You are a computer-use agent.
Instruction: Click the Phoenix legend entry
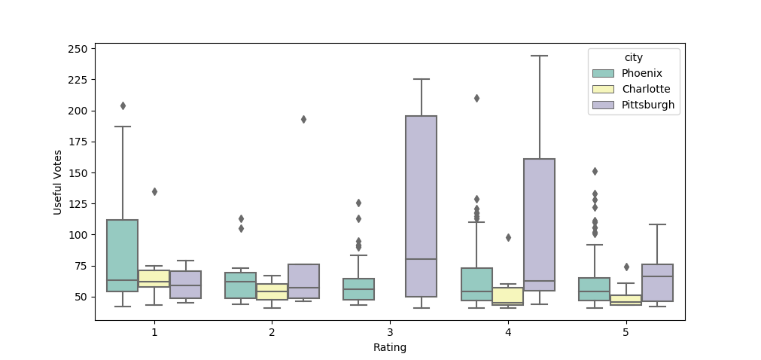pyautogui.click(x=636, y=73)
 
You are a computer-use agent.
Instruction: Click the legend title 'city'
pyautogui.click(x=633, y=57)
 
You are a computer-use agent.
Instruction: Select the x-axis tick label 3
pyautogui.click(x=390, y=332)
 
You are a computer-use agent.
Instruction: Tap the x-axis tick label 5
pyautogui.click(x=626, y=332)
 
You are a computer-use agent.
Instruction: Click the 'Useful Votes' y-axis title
pyautogui.click(x=58, y=182)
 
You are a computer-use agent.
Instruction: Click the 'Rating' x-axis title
pyautogui.click(x=390, y=348)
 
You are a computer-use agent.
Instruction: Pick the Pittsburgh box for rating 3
pyautogui.click(x=421, y=206)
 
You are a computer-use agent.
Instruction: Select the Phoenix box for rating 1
pyautogui.click(x=122, y=255)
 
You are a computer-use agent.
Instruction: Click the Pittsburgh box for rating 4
pyautogui.click(x=539, y=224)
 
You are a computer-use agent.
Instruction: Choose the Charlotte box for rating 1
pyautogui.click(x=154, y=279)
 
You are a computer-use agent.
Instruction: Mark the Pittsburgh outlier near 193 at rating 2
pyautogui.click(x=303, y=119)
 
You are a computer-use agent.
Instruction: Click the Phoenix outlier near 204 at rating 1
pyautogui.click(x=123, y=105)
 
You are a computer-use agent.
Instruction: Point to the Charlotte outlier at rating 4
pyautogui.click(x=508, y=237)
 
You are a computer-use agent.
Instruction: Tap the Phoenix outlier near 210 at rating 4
pyautogui.click(x=476, y=98)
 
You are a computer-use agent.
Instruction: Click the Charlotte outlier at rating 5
pyautogui.click(x=626, y=267)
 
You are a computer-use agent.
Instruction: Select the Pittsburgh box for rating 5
pyautogui.click(x=657, y=282)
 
